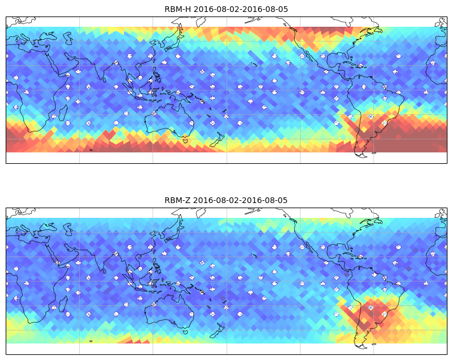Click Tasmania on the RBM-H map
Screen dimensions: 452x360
click(x=185, y=140)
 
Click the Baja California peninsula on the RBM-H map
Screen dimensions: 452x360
click(x=310, y=56)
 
